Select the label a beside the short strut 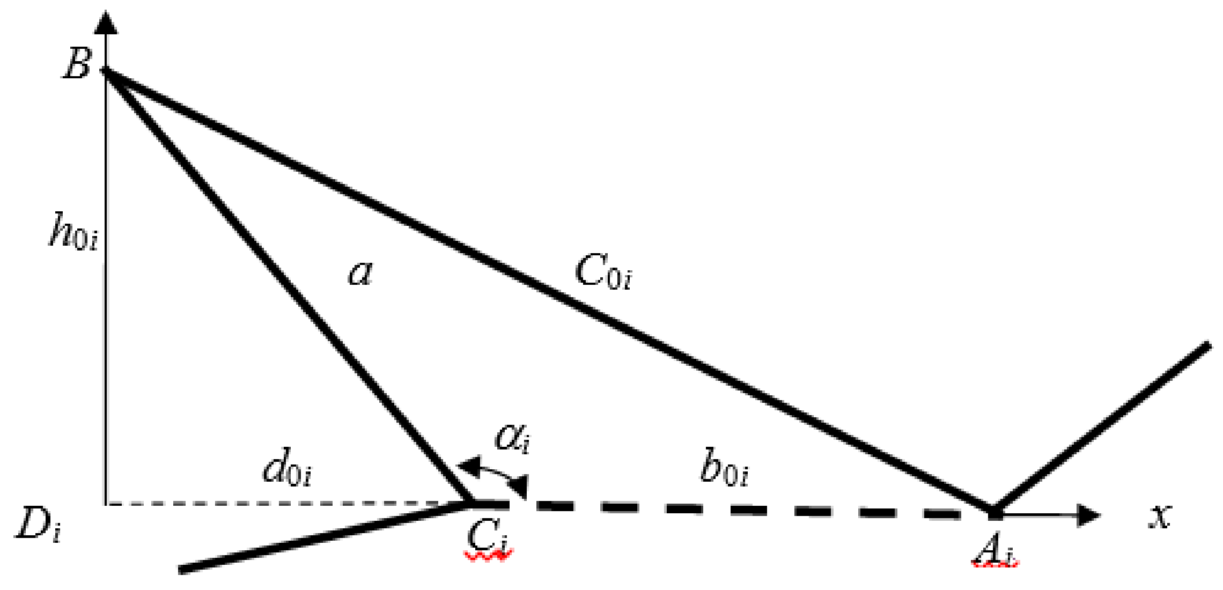tap(360, 273)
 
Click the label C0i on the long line tap(603, 272)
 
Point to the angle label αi tap(512, 437)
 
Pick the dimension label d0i tap(287, 469)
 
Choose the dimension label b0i tap(724, 469)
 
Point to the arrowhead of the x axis tap(1089, 515)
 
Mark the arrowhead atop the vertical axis tap(107, 24)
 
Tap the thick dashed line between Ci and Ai tap(751, 510)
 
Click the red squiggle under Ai tap(995, 563)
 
